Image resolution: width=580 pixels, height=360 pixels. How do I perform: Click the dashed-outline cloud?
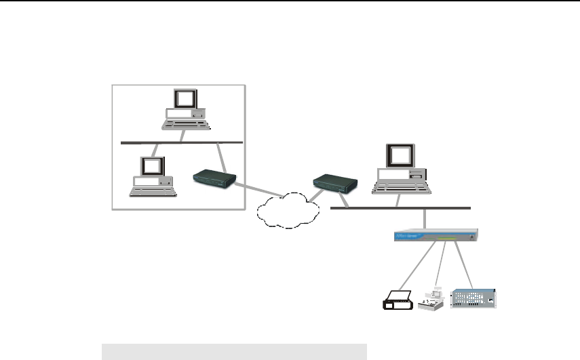pos(286,210)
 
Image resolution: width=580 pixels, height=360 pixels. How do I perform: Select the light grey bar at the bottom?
pos(234,351)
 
